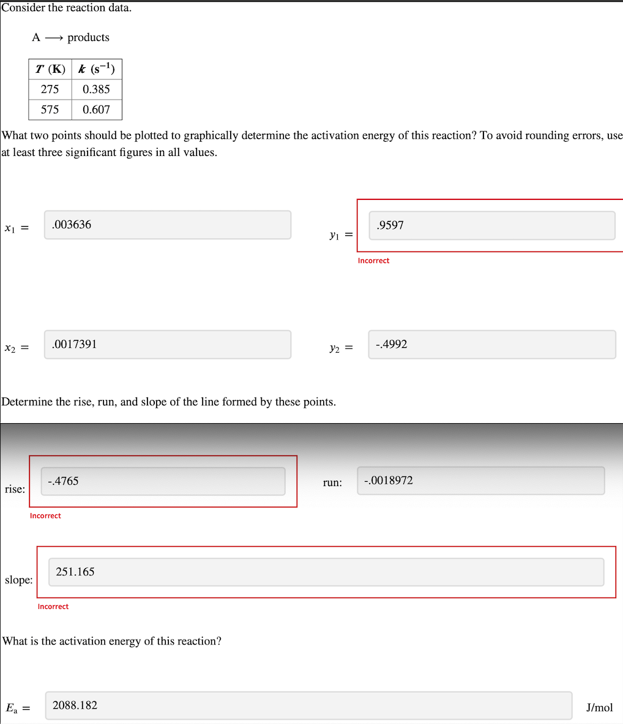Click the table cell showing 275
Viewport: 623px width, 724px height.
pos(50,89)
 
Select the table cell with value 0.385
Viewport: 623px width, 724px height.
pos(97,89)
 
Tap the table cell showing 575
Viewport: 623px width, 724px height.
pos(50,109)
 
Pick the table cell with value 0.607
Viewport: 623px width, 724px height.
pos(97,109)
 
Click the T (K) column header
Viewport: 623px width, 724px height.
pos(50,69)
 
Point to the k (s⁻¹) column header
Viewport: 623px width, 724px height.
pos(97,69)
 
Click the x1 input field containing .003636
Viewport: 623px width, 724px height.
pos(167,225)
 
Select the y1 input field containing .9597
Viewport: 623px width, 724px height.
pos(491,226)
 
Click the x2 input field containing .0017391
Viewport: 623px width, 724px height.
pos(167,344)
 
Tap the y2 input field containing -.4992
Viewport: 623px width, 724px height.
pos(491,345)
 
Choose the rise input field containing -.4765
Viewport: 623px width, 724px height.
pos(163,481)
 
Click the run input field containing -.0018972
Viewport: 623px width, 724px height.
pos(480,481)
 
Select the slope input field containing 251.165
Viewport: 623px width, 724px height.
pos(326,572)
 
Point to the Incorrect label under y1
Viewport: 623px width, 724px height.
pos(373,260)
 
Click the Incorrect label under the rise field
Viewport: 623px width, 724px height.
pos(45,515)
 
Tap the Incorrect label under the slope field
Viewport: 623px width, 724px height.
pos(53,607)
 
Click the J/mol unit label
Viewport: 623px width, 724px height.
pos(599,707)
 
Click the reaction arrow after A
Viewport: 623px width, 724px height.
pos(54,38)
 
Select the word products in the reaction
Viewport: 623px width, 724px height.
pos(88,37)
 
